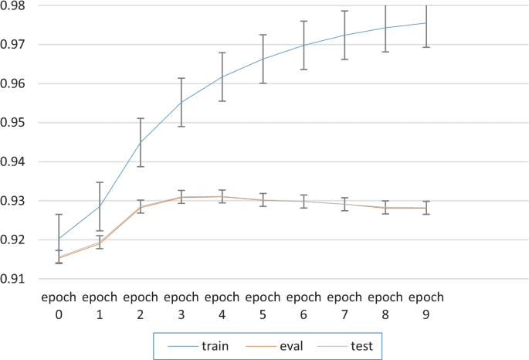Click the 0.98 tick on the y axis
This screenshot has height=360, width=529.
click(16, 5)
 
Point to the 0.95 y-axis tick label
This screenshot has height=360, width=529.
click(16, 123)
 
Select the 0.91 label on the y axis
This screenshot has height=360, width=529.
click(16, 279)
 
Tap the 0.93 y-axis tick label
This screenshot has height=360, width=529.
click(16, 201)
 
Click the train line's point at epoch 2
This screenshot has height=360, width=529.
click(141, 142)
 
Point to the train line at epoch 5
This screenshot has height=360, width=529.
click(263, 59)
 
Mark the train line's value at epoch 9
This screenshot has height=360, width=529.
click(426, 23)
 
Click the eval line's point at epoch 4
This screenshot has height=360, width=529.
click(222, 196)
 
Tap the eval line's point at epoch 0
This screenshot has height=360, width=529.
click(59, 257)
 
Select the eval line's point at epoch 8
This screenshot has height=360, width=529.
click(385, 208)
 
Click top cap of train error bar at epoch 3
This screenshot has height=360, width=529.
click(181, 78)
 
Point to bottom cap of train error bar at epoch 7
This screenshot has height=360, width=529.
click(344, 59)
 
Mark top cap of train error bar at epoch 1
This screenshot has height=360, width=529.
click(100, 182)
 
